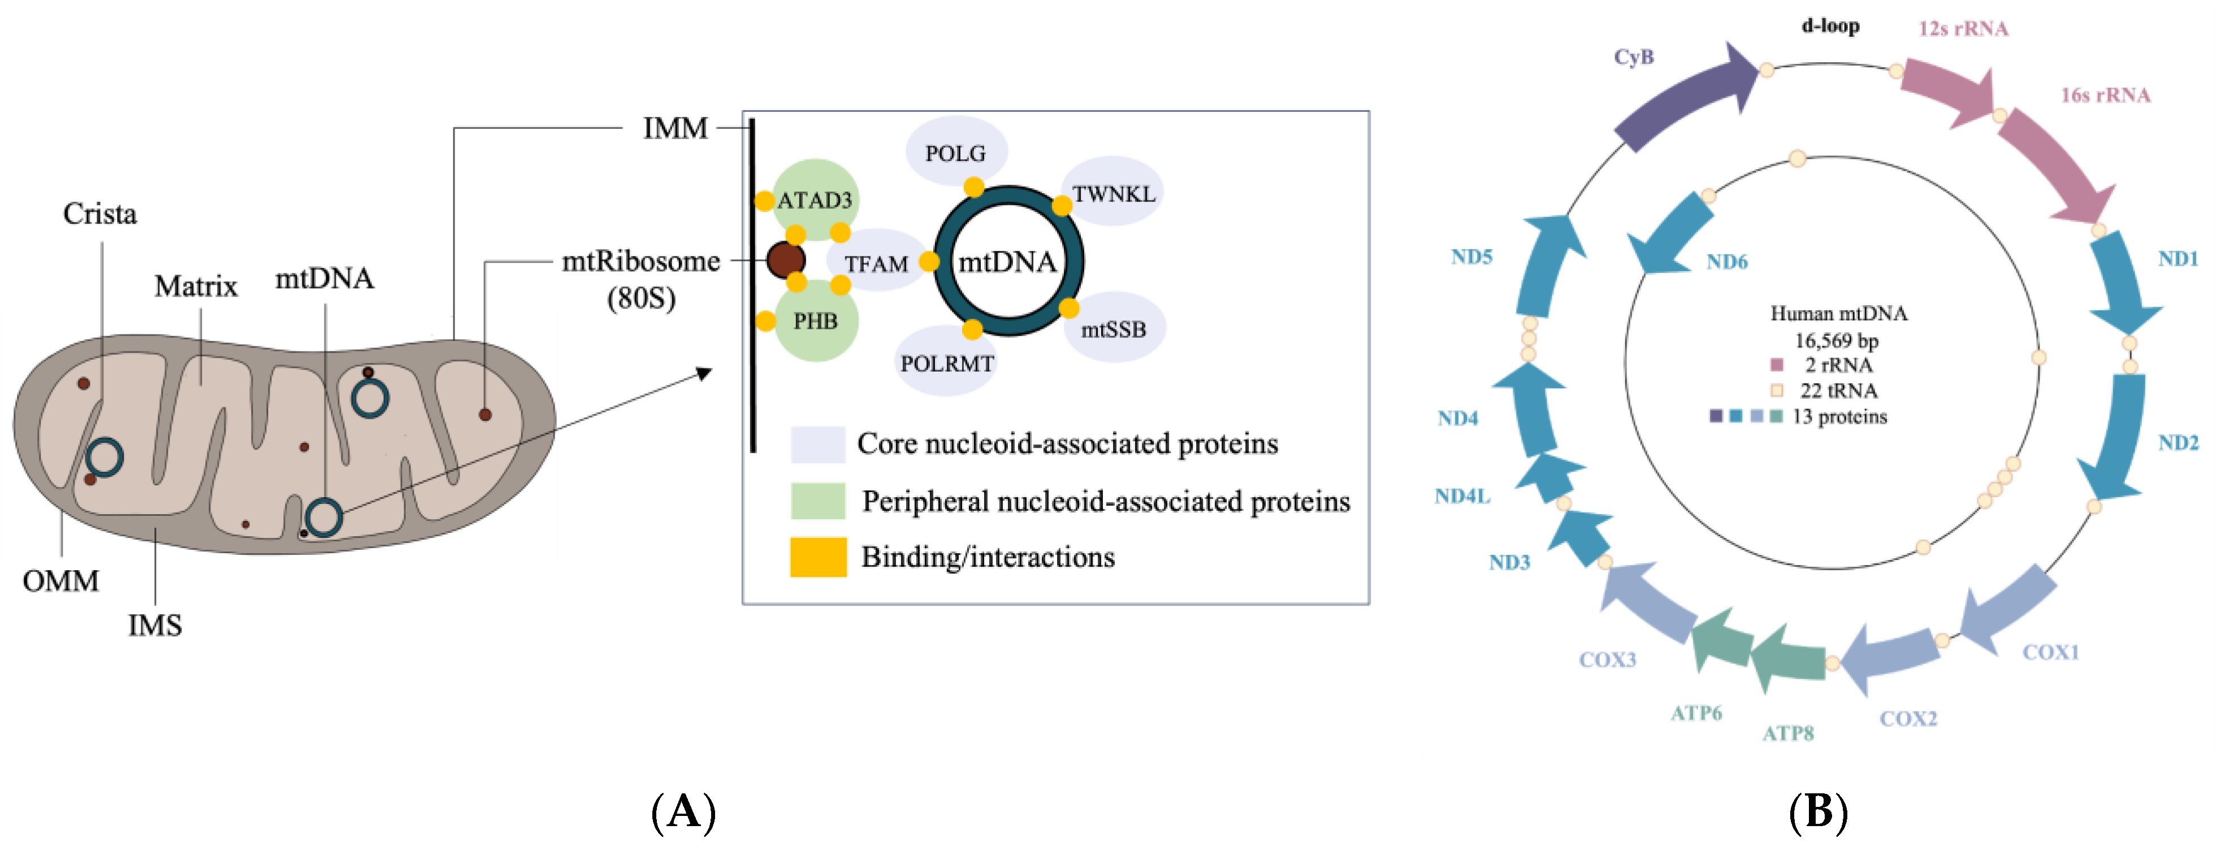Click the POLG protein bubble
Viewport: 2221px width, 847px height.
coord(955,151)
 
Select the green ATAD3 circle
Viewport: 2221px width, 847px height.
coord(815,198)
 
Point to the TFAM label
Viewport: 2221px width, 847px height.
coord(876,264)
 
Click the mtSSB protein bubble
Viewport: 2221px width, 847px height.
coord(1114,329)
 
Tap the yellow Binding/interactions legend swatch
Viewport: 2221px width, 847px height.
coord(817,557)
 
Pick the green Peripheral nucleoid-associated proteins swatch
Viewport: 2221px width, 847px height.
coord(817,501)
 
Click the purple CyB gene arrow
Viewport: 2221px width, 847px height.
coord(1681,99)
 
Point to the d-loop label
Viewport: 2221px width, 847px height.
coord(1830,26)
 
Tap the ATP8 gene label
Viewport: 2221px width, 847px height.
coord(1787,733)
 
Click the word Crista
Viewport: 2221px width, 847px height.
coord(100,214)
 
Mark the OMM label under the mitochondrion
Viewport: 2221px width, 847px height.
coord(60,581)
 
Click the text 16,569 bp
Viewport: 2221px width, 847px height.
coord(1837,340)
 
